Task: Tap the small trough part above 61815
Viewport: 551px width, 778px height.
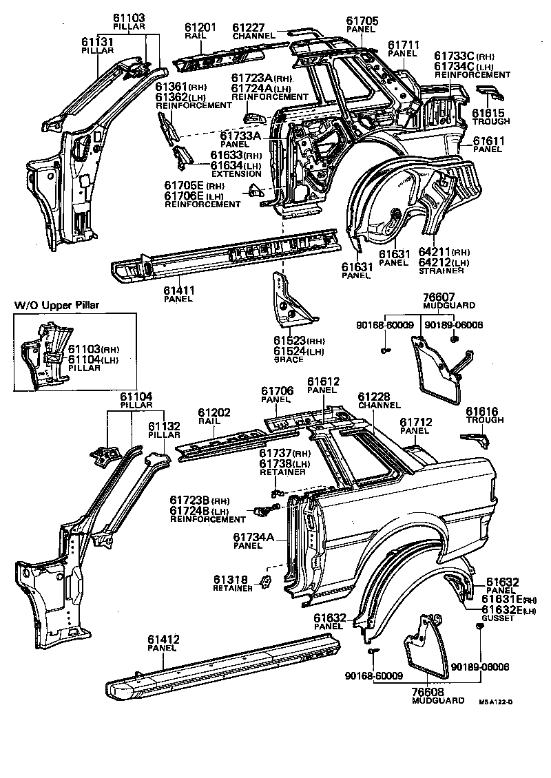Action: [x=488, y=94]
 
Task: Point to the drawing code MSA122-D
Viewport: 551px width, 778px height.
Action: [x=497, y=702]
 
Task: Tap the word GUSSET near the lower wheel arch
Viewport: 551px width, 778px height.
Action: [x=498, y=618]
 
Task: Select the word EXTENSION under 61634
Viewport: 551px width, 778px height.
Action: [x=236, y=174]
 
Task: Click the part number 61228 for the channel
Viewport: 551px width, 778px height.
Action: [x=375, y=397]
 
